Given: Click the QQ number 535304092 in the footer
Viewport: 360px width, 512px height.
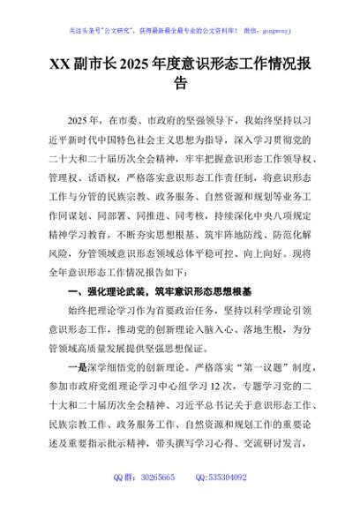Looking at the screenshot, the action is [231, 501].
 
